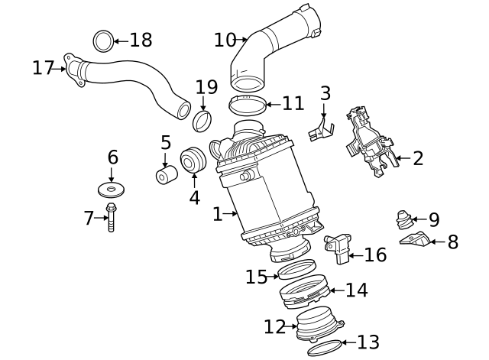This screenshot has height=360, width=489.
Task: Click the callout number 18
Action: [x=141, y=40]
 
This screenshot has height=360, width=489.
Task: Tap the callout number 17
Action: [x=43, y=68]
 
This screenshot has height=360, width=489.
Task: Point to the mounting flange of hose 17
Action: [x=73, y=66]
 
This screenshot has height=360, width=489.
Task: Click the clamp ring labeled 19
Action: [x=203, y=120]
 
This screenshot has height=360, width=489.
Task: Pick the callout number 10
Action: [x=225, y=38]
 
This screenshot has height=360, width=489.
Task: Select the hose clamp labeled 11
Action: [x=248, y=104]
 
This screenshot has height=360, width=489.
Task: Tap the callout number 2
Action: [x=417, y=158]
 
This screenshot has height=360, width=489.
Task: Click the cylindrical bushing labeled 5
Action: [x=165, y=174]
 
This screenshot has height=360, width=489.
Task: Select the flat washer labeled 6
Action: [x=112, y=188]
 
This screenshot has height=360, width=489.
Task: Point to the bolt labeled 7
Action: [x=111, y=219]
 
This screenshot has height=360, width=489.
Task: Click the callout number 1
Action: [x=218, y=214]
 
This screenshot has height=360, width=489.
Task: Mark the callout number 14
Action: [x=356, y=290]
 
